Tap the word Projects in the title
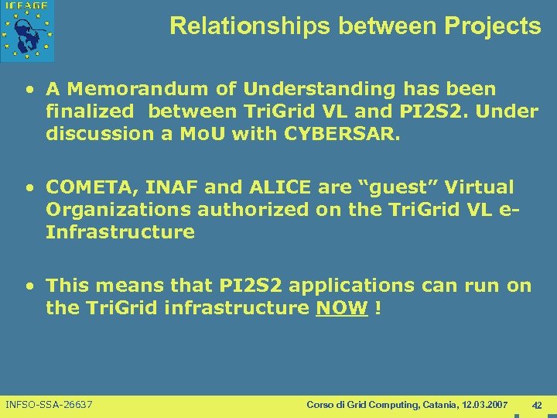point(493,26)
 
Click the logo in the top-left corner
point(28,31)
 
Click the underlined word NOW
point(341,308)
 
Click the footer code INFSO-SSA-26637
point(49,405)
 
